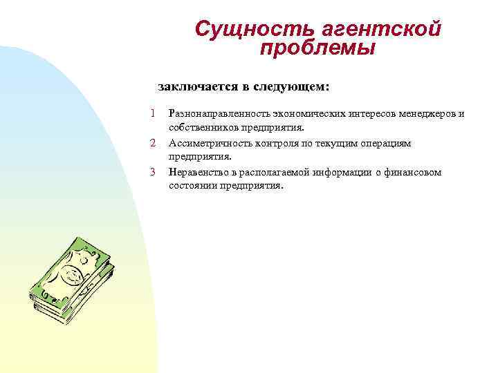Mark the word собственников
[200, 128]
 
